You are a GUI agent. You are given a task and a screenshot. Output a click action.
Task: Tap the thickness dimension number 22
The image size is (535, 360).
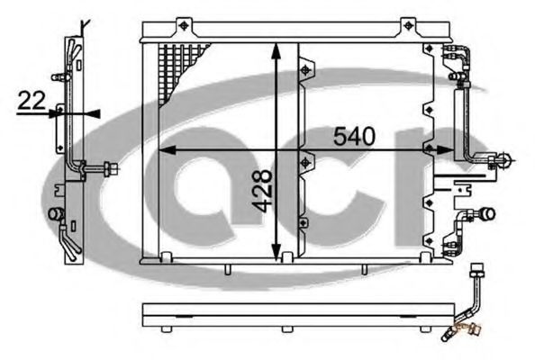[32, 103]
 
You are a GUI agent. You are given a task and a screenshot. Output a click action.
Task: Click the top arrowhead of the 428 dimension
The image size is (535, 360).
[276, 50]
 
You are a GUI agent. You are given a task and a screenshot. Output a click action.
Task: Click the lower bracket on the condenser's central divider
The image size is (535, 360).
[306, 164]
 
